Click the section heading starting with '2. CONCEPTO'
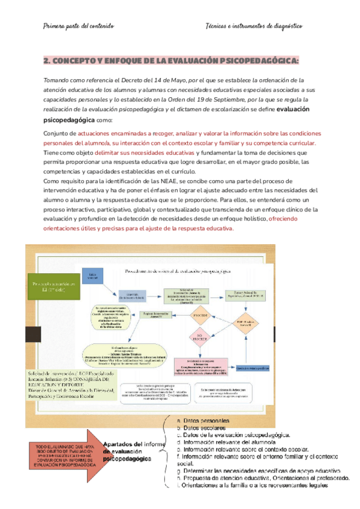(171, 61)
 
